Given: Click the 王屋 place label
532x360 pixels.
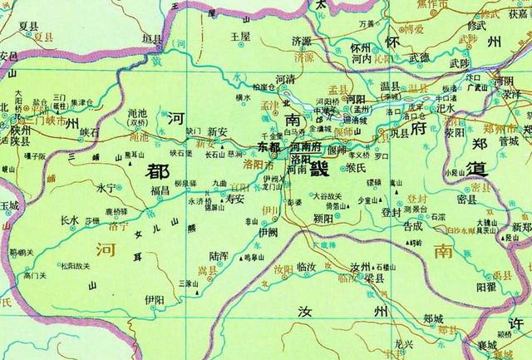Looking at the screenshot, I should (240, 37).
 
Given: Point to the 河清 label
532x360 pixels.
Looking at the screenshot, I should (285, 79).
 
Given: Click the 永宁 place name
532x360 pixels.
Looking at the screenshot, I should (109, 188).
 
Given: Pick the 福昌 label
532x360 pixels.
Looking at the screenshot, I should (160, 190).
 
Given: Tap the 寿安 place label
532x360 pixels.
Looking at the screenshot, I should (235, 200).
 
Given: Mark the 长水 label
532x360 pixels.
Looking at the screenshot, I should (71, 220).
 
